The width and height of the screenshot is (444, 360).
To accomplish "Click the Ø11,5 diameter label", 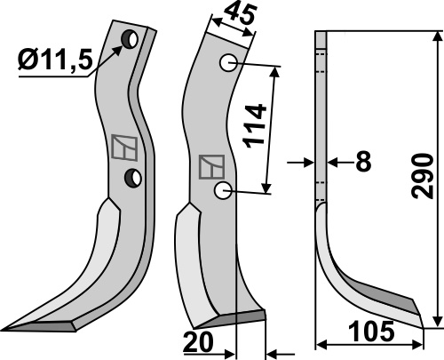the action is [x=55, y=60].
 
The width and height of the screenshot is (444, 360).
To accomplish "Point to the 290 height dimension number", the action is [x=423, y=176].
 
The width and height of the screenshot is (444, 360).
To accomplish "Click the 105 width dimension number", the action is [x=371, y=332].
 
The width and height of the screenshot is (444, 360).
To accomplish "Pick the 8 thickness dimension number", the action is [x=363, y=162].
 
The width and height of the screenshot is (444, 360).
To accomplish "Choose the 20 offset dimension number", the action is [x=198, y=341].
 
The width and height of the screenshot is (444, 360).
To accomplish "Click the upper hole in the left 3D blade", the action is [x=130, y=39].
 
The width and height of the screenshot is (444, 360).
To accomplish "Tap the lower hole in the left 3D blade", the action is [x=133, y=178].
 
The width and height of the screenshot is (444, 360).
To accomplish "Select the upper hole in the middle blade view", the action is [x=228, y=63].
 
